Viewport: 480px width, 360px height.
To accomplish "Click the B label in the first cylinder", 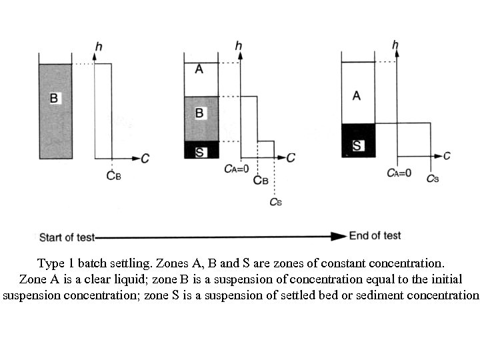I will tap(55, 99).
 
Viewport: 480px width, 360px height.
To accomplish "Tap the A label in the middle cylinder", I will tap(199, 69).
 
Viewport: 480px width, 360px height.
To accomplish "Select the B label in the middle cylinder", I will tap(199, 113).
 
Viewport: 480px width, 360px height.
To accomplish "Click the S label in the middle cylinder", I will tap(199, 152).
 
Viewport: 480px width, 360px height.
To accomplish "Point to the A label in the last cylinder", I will tap(357, 96).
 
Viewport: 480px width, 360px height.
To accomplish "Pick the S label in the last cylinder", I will tap(357, 145).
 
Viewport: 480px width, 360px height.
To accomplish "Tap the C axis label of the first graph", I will tap(145, 159).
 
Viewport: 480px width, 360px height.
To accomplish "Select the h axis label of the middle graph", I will tap(239, 46).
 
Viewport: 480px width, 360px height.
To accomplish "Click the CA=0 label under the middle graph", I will tap(237, 169).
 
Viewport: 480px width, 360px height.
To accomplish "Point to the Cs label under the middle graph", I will tap(275, 201).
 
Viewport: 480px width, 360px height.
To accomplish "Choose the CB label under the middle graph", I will tap(261, 181).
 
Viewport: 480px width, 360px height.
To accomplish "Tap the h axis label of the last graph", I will tap(396, 45).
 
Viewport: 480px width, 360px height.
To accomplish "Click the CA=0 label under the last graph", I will tap(399, 173).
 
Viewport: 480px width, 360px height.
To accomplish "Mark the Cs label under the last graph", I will tap(433, 179).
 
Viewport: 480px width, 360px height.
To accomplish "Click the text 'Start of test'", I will tap(67, 237).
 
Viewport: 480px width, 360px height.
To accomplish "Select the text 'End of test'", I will tap(375, 236).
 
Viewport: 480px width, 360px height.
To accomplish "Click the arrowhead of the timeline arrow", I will tap(341, 237).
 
